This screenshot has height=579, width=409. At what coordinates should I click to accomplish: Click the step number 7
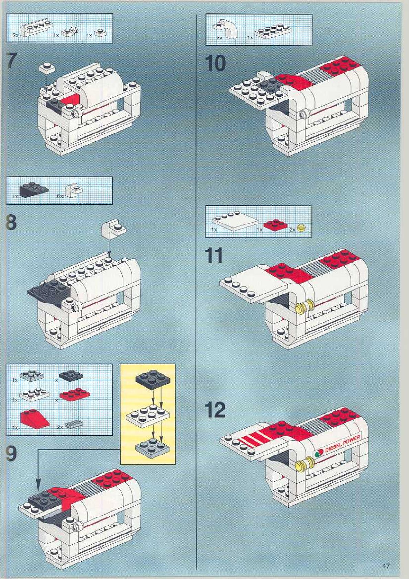pos(11,61)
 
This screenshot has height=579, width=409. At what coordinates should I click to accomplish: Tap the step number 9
pos(11,453)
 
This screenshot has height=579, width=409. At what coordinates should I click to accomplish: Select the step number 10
pos(215,64)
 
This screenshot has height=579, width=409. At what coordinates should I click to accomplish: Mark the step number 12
pos(215,410)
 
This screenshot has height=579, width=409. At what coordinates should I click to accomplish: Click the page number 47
pos(385,566)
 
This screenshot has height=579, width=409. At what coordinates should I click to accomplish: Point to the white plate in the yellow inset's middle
pos(148,414)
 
